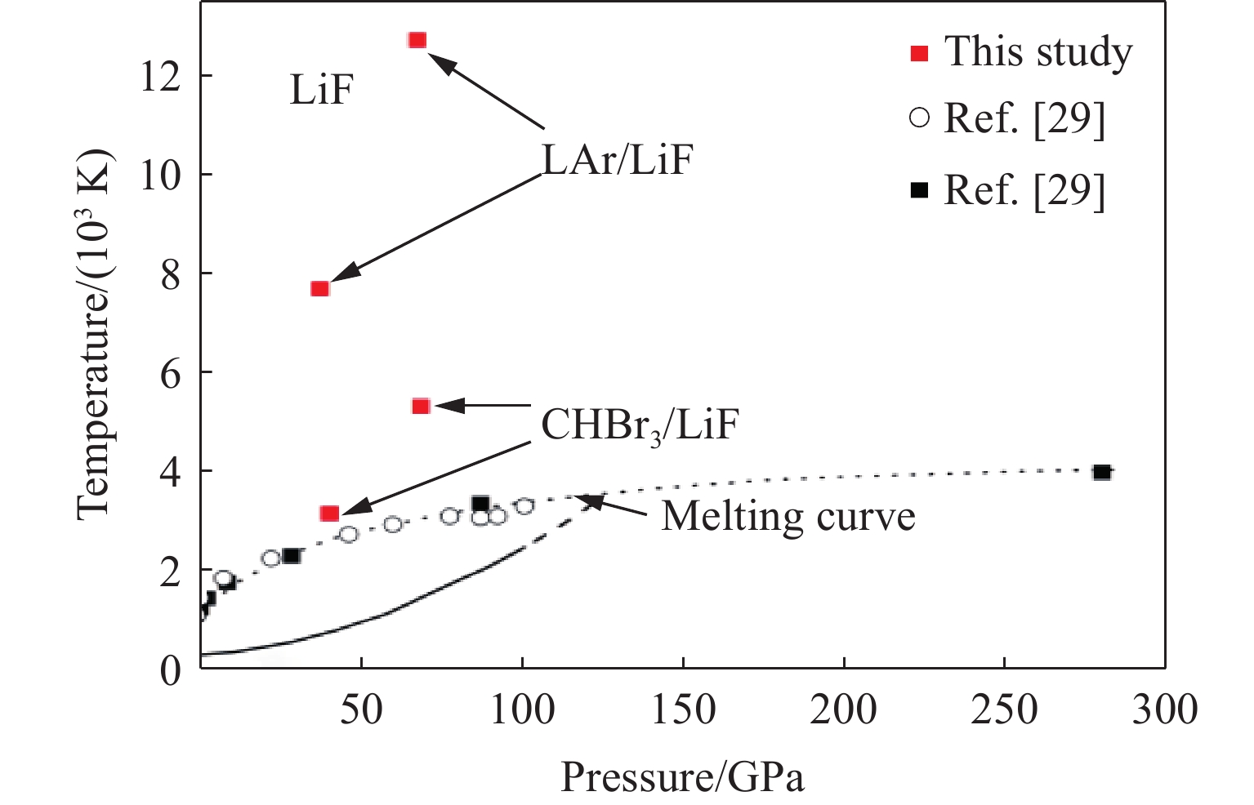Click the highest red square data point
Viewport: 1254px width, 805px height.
[417, 40]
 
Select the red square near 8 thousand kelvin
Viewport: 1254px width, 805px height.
[320, 288]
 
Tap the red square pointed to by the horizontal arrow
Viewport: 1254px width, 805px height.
[421, 406]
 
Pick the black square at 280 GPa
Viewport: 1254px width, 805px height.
[1102, 472]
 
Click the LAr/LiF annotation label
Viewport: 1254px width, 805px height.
[618, 160]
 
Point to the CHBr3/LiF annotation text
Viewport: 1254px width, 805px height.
[640, 425]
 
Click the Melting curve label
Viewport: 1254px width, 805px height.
[788, 517]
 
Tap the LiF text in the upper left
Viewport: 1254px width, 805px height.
[321, 89]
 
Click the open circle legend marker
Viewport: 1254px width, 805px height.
[919, 118]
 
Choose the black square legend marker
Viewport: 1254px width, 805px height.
[919, 190]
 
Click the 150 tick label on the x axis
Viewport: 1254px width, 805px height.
[683, 709]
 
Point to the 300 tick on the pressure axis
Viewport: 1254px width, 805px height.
[1164, 709]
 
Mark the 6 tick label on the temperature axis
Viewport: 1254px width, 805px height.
[170, 372]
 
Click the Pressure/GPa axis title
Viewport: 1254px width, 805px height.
[682, 777]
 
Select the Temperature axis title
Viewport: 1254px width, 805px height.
[95, 334]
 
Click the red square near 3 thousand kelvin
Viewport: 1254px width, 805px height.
[330, 514]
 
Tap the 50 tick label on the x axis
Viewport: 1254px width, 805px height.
[361, 709]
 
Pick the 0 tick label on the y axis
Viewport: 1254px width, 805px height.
[170, 670]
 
